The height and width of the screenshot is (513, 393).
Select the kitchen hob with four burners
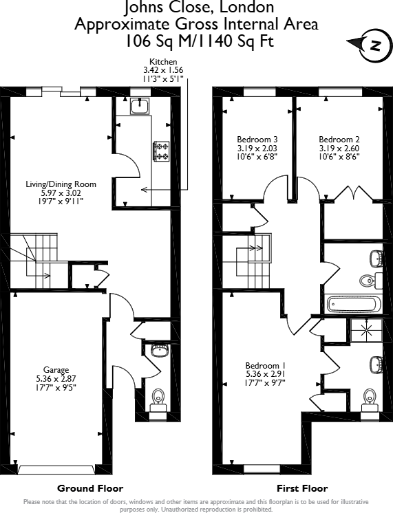click(162, 151)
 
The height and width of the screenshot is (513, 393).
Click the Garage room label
click(56, 378)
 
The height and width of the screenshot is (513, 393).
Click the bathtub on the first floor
click(351, 303)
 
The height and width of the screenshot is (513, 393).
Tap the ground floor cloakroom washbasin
click(159, 351)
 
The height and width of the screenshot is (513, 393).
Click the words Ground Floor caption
click(90, 488)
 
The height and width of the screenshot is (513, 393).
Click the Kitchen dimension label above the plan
click(164, 70)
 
